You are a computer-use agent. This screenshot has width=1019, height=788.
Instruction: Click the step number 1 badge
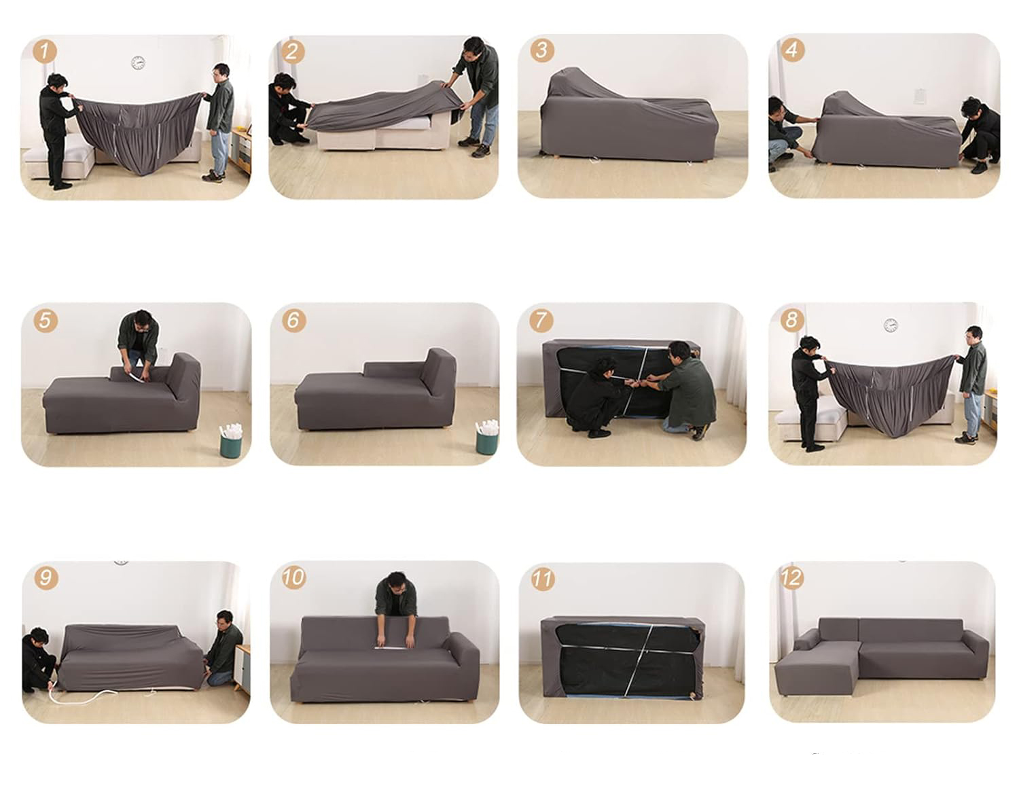tap(45, 51)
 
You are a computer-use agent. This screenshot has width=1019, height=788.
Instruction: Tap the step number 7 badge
tap(541, 320)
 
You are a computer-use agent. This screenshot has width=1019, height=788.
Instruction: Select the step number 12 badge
tap(791, 578)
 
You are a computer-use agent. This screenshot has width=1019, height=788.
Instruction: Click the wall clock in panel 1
tap(138, 62)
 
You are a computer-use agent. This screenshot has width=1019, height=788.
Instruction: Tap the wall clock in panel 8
tap(891, 325)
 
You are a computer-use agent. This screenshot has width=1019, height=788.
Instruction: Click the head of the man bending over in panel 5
tap(143, 321)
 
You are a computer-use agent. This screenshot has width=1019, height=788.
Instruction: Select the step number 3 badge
tap(542, 50)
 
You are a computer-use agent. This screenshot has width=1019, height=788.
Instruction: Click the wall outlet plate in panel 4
tap(920, 96)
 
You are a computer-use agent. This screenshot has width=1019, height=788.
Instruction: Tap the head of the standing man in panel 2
tap(473, 47)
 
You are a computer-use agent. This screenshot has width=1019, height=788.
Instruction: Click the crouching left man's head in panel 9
tap(39, 637)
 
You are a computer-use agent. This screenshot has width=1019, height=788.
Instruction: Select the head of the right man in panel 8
tap(973, 335)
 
